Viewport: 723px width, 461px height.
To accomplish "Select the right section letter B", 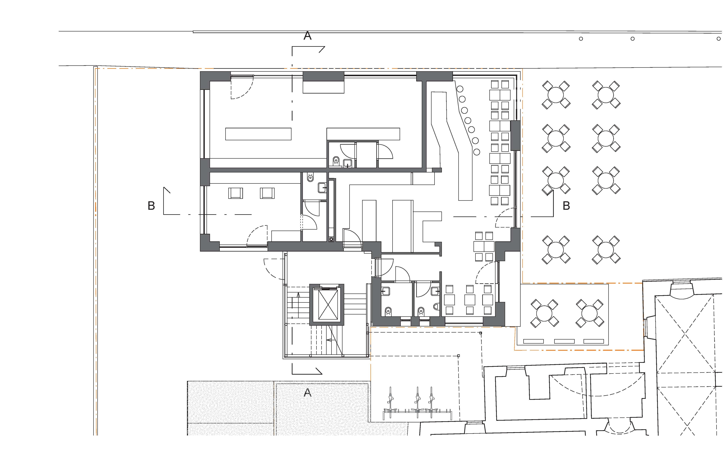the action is (x=566, y=206).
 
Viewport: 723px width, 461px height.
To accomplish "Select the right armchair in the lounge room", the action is (x=267, y=193).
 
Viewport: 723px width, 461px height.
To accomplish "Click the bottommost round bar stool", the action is (x=477, y=152).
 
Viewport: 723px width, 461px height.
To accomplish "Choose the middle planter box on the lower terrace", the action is (x=564, y=341).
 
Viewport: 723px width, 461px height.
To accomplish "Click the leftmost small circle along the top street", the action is (x=581, y=39).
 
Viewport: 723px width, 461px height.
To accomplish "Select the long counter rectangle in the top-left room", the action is (x=258, y=134).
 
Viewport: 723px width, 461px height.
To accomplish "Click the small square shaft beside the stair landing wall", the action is (x=331, y=239).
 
